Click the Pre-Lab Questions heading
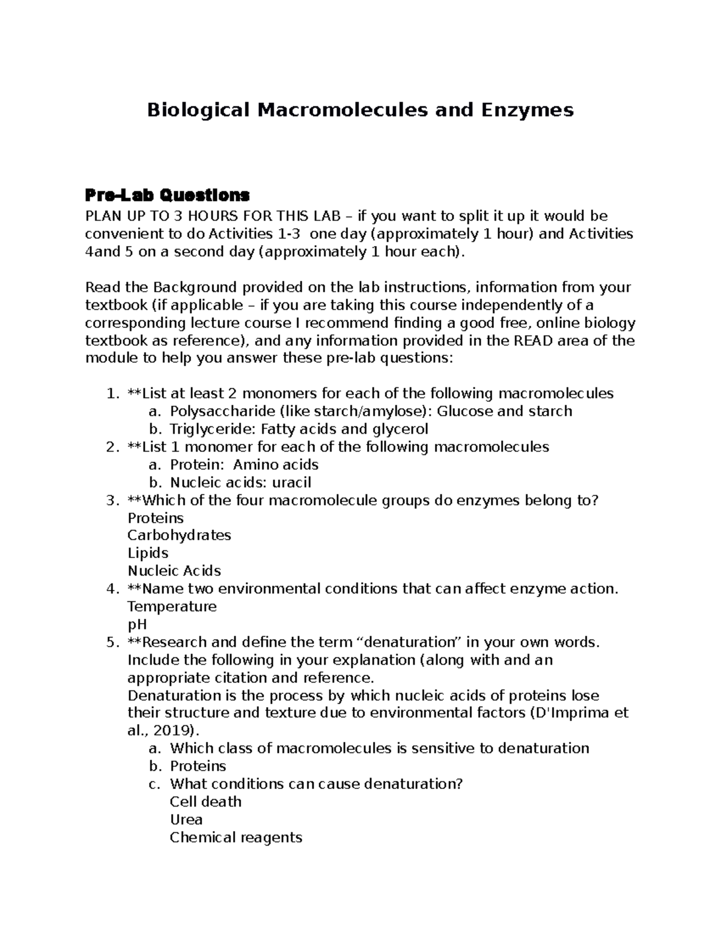coord(167,195)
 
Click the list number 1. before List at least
coord(112,394)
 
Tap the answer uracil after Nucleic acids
coord(292,482)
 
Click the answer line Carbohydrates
coord(179,535)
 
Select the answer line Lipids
coord(148,553)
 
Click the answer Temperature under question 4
coord(172,606)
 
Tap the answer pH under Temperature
coord(138,624)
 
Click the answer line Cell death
coord(205,802)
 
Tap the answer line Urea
coord(186,820)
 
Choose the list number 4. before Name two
coord(112,589)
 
